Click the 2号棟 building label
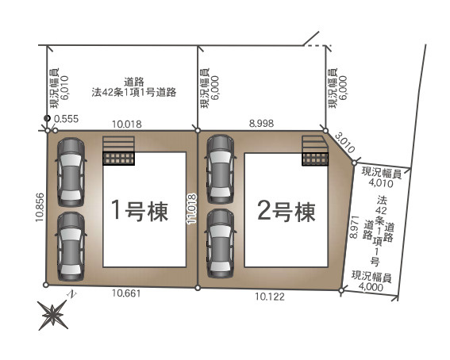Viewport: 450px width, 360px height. (x=287, y=211)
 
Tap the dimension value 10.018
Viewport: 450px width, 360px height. (x=127, y=124)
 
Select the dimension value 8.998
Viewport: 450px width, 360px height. (x=262, y=124)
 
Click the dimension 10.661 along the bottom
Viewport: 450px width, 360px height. (x=126, y=293)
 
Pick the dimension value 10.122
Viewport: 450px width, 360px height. (x=271, y=297)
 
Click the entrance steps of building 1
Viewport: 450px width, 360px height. (x=118, y=150)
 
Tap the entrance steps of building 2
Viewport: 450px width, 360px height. (x=313, y=150)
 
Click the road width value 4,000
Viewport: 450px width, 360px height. (x=371, y=286)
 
